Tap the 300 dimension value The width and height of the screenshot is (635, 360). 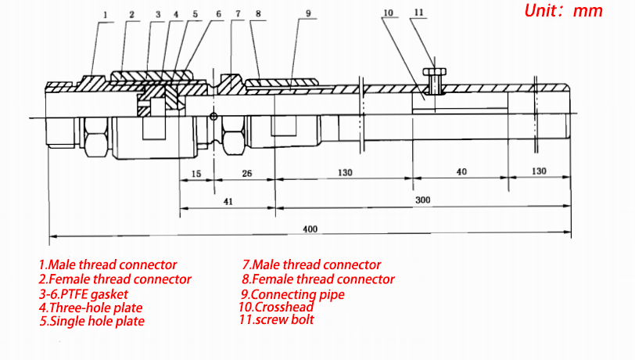(423, 200)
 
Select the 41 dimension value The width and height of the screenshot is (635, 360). (228, 201)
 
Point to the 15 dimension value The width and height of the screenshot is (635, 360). (196, 172)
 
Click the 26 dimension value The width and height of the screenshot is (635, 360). (246, 172)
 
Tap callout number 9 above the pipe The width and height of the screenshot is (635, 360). (308, 14)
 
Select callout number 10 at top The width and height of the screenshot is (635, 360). (389, 13)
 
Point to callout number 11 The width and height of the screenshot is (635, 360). (418, 13)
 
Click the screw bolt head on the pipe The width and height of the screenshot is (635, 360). (434, 72)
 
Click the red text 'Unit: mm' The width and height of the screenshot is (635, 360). (565, 11)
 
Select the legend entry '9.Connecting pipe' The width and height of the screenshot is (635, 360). (293, 294)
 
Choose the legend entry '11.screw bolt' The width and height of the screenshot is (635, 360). (277, 319)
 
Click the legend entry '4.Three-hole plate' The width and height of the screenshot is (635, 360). (91, 308)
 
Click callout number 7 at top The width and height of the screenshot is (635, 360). (239, 14)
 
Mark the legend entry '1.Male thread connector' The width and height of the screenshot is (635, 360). (108, 265)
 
